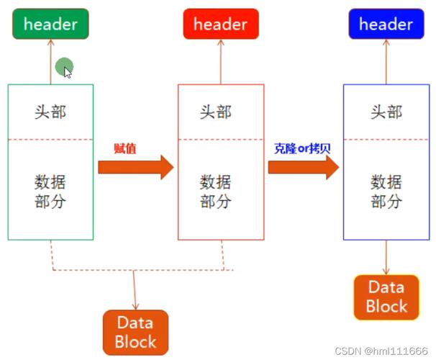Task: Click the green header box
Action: click(50, 24)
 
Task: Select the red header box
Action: click(220, 24)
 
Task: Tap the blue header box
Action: click(386, 24)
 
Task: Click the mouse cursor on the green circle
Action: click(67, 71)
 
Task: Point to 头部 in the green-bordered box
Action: click(50, 112)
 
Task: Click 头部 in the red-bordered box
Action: click(216, 112)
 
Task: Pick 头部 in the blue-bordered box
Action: click(386, 112)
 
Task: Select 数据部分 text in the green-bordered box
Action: click(50, 190)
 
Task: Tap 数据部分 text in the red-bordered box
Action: click(216, 190)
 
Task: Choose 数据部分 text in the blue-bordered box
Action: click(386, 190)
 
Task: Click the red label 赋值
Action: click(124, 149)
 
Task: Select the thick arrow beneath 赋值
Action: click(135, 167)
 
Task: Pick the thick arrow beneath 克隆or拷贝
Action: click(303, 167)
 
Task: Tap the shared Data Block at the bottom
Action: click(135, 331)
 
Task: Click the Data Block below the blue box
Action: click(386, 296)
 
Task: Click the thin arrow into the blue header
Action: click(386, 61)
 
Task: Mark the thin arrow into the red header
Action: click(220, 61)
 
